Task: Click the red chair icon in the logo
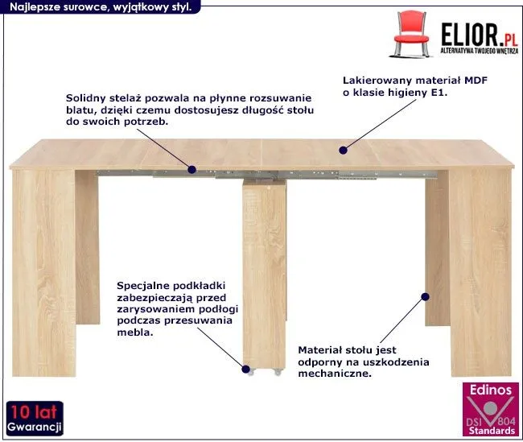(412, 34)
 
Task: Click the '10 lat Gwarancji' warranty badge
(35, 418)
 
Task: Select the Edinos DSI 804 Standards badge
(491, 409)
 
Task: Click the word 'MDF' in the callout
(476, 81)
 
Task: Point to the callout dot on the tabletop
(344, 151)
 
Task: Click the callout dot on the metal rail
(191, 170)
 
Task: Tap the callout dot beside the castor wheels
(246, 370)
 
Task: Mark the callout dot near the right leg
(425, 297)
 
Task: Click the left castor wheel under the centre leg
(252, 372)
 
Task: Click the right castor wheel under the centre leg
(278, 372)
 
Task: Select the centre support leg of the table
(264, 274)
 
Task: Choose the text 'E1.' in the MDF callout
(439, 92)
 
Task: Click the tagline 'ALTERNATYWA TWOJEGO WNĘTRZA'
(480, 51)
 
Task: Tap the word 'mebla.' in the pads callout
(135, 333)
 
